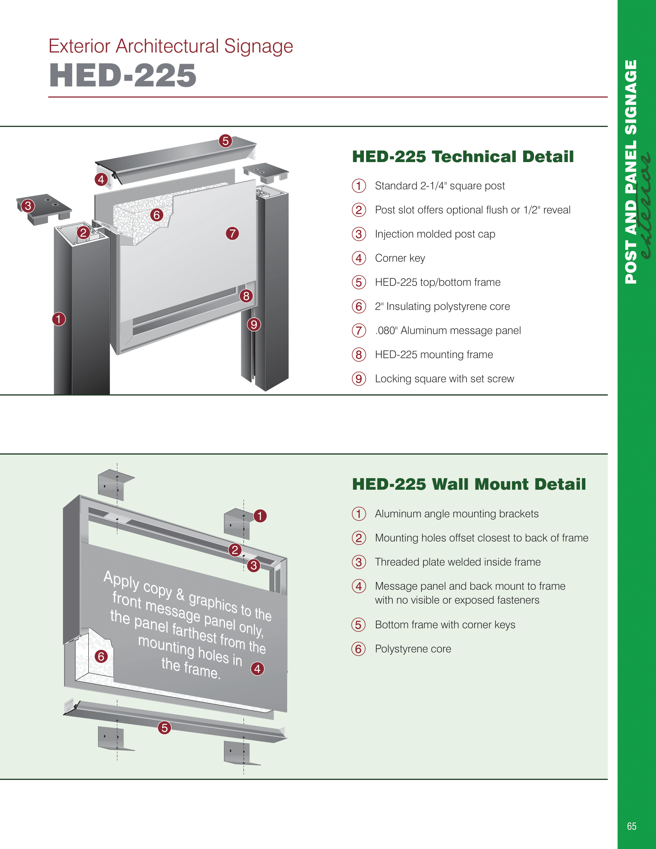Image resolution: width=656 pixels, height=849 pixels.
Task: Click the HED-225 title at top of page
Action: click(122, 75)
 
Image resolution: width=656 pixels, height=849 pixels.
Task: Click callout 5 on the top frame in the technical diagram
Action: click(225, 141)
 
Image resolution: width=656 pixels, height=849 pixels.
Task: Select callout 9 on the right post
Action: click(254, 324)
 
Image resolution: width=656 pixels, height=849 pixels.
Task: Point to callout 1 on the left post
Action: click(59, 319)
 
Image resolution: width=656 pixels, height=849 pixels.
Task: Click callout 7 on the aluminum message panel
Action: click(232, 233)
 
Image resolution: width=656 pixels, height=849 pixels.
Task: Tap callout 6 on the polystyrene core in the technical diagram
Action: click(157, 215)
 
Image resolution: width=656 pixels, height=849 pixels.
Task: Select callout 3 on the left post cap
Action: click(28, 206)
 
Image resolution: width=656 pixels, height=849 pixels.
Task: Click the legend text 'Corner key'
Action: click(400, 258)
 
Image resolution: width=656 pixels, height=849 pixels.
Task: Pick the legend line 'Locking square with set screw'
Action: click(444, 379)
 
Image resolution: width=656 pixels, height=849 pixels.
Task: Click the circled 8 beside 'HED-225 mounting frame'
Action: click(359, 355)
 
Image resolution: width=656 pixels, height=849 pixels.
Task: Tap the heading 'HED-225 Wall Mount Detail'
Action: click(469, 484)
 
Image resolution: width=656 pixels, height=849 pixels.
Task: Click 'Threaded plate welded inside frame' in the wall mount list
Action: click(457, 562)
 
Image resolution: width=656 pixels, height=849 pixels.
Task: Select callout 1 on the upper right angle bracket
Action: click(260, 516)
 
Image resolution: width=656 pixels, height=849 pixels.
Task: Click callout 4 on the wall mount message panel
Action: click(257, 669)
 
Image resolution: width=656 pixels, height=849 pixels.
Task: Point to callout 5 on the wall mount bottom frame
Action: click(164, 728)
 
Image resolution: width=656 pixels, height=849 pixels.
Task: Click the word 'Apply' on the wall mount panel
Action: click(121, 580)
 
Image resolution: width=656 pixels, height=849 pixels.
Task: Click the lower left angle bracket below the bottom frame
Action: click(113, 739)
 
